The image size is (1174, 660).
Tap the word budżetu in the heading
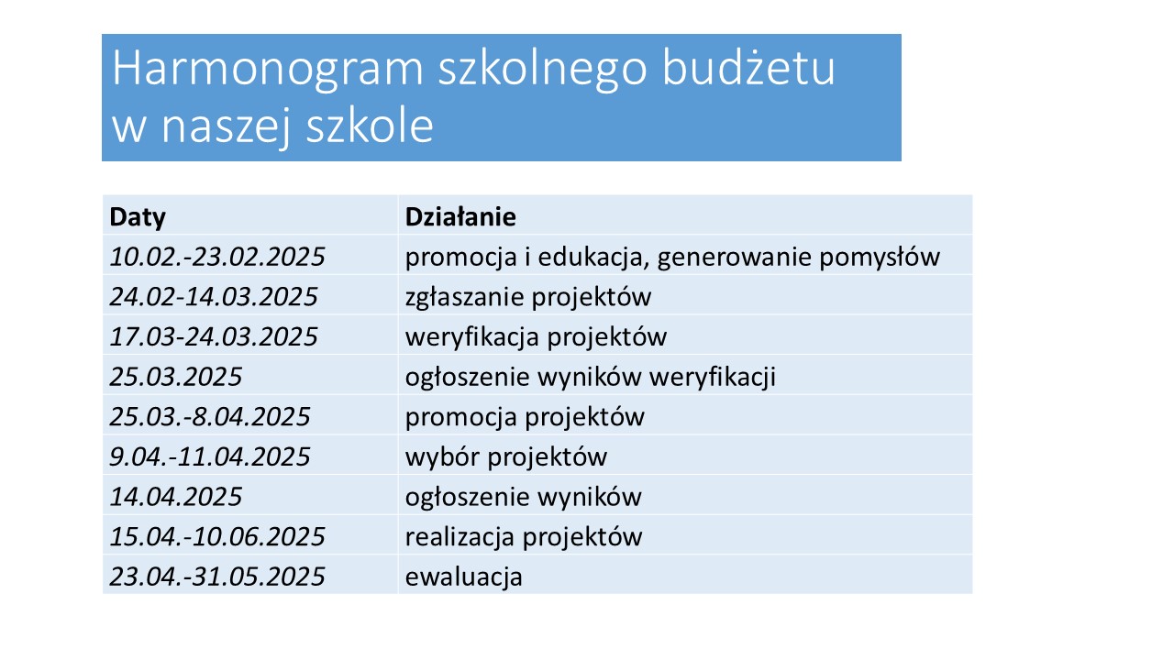coord(748,67)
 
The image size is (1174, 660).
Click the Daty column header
coord(138,217)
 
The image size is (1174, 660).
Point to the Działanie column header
coord(460,216)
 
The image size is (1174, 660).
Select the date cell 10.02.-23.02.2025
coord(217,257)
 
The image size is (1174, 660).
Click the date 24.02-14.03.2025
coord(214,296)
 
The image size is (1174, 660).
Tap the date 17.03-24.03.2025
coord(214,336)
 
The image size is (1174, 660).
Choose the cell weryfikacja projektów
coord(536,337)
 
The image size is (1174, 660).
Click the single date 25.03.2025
coord(175,377)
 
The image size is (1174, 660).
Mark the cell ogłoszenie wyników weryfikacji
coord(590,378)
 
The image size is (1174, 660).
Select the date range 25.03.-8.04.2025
coord(210,416)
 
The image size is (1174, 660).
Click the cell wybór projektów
coord(505,457)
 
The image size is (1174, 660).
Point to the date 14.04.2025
coord(175,497)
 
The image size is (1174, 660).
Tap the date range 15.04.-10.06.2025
coord(217,536)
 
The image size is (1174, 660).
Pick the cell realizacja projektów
coord(523,537)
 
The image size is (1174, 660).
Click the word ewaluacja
coord(463,577)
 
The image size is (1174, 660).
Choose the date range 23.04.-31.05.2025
coord(217,577)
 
